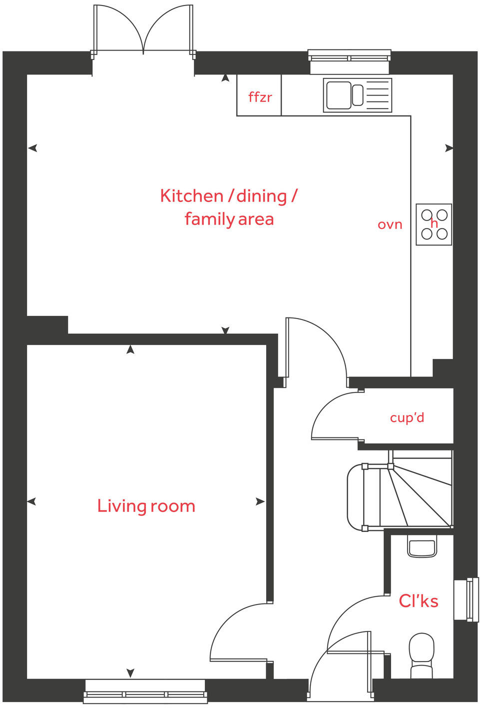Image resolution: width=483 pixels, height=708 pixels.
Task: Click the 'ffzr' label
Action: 260,96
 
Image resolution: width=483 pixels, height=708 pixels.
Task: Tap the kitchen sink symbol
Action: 357,95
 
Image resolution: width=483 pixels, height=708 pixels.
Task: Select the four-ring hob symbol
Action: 434,224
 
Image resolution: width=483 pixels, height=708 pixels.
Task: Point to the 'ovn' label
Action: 390,224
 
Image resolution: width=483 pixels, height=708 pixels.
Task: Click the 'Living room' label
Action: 146,506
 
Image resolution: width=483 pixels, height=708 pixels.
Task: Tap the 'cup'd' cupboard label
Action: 407,417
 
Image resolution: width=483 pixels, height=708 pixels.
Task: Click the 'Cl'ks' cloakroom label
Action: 419,600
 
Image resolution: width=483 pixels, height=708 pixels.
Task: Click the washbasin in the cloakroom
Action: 422,546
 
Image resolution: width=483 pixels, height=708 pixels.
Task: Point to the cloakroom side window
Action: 466,599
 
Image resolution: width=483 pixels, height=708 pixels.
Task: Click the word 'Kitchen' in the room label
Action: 191,195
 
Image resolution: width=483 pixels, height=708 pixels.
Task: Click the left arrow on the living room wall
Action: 31,501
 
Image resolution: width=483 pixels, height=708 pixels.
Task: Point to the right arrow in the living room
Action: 260,501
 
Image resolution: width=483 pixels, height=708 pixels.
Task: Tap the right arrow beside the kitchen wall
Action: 449,148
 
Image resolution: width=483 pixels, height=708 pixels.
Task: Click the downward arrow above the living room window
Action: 130,673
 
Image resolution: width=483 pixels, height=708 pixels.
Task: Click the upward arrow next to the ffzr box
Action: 226,78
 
